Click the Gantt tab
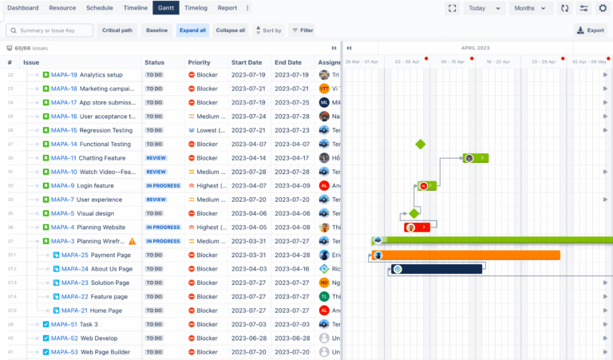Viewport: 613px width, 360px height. click(x=165, y=8)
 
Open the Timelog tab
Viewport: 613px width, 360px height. click(x=196, y=8)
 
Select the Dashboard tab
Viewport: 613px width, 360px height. click(x=23, y=8)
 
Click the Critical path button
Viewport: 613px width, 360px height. click(x=118, y=30)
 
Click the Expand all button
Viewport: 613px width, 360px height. click(x=192, y=30)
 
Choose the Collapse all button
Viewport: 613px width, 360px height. click(x=231, y=30)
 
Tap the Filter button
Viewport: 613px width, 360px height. click(x=303, y=30)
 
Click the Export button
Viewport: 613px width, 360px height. click(x=591, y=30)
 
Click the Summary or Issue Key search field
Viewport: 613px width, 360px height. click(x=49, y=30)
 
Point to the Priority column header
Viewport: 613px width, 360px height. click(x=200, y=62)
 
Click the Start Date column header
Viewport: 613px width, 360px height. click(x=247, y=62)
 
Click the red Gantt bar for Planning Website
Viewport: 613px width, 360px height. click(x=418, y=227)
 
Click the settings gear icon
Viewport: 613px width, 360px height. click(x=603, y=8)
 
